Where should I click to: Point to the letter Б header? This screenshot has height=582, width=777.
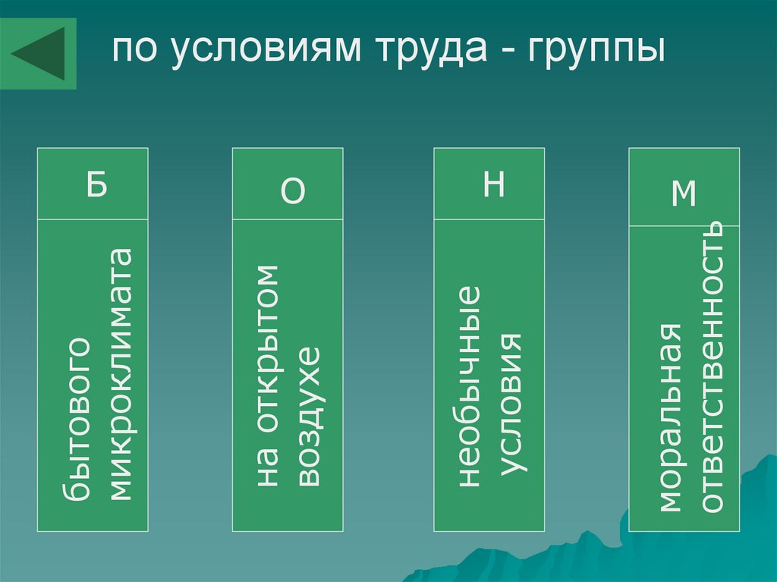click(x=96, y=184)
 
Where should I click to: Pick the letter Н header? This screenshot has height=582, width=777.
click(x=493, y=184)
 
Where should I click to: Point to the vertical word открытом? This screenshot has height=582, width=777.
click(x=267, y=353)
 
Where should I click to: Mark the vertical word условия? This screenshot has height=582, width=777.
click(x=511, y=402)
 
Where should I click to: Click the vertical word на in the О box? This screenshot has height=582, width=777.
click(x=267, y=469)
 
